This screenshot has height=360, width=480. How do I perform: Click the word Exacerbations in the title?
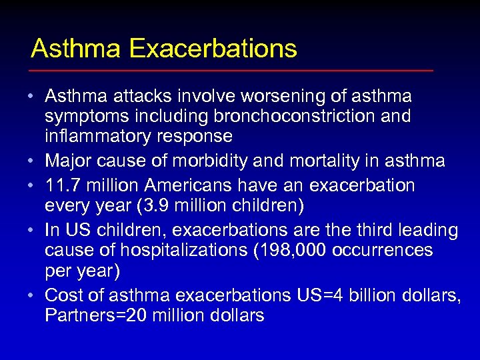pyautogui.click(x=213, y=49)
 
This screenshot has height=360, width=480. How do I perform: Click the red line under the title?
pyautogui.click(x=231, y=70)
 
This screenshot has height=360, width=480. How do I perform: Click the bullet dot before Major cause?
pyautogui.click(x=31, y=161)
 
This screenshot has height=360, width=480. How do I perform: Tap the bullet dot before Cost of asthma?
pyautogui.click(x=31, y=294)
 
